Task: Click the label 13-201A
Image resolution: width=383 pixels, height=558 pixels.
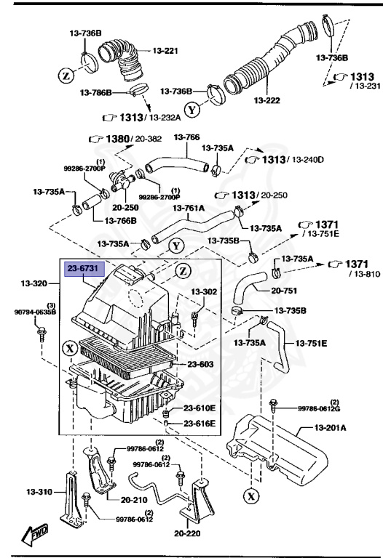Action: point(331,428)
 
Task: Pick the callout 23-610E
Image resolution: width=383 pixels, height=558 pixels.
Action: point(199,408)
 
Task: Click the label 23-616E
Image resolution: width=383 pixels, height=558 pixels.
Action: point(199,423)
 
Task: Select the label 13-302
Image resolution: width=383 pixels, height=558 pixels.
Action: point(204,291)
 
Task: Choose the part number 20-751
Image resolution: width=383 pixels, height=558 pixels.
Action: point(285,290)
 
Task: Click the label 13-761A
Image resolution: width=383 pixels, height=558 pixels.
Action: point(189,208)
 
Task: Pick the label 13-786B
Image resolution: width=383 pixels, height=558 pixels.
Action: point(95,93)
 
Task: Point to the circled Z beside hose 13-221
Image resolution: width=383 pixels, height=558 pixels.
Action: point(66,76)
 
